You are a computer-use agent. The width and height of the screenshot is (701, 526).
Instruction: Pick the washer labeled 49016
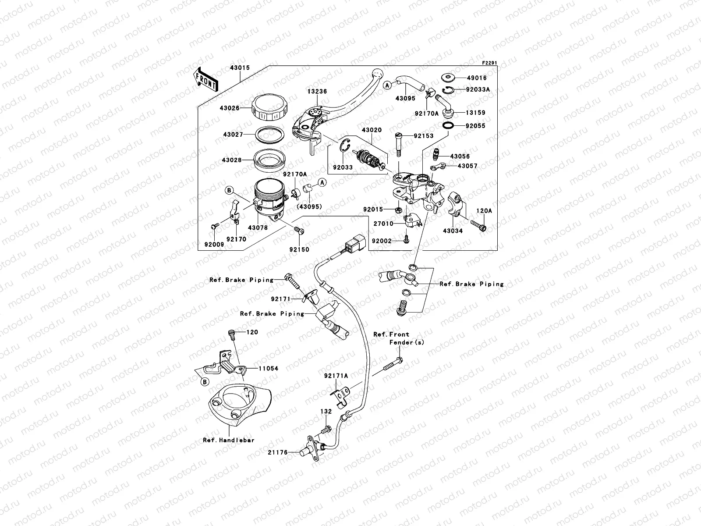[x=447, y=78]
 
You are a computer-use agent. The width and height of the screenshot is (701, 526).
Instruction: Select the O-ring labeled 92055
[x=448, y=126]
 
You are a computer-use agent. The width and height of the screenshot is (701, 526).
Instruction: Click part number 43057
[x=467, y=166]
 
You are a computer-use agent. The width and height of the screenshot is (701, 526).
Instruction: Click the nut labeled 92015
[x=397, y=210]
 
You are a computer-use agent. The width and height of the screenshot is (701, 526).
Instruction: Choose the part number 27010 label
[x=383, y=224]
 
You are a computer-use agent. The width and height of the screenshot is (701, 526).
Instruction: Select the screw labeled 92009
[x=214, y=226]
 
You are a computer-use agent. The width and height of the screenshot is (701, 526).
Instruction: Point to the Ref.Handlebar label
[x=228, y=440]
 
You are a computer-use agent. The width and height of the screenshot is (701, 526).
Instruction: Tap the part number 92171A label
[x=336, y=376]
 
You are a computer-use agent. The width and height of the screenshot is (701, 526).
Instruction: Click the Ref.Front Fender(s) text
[x=398, y=338]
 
